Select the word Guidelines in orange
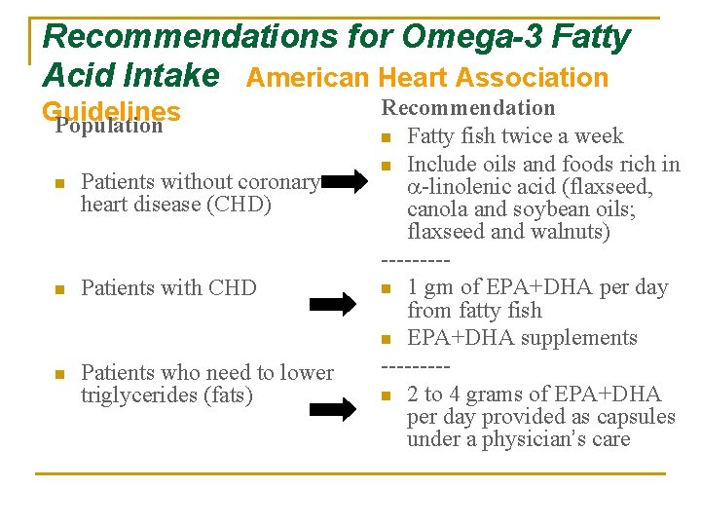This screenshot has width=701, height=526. pos(111,112)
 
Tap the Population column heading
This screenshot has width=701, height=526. pos(109,126)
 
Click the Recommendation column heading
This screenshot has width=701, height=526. pos(467,108)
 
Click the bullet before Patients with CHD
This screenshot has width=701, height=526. pos(59,289)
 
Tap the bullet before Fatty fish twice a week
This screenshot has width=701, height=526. pos(387,137)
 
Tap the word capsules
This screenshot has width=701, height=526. pos(640,417)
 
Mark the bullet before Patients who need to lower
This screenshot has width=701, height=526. pos(59,374)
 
